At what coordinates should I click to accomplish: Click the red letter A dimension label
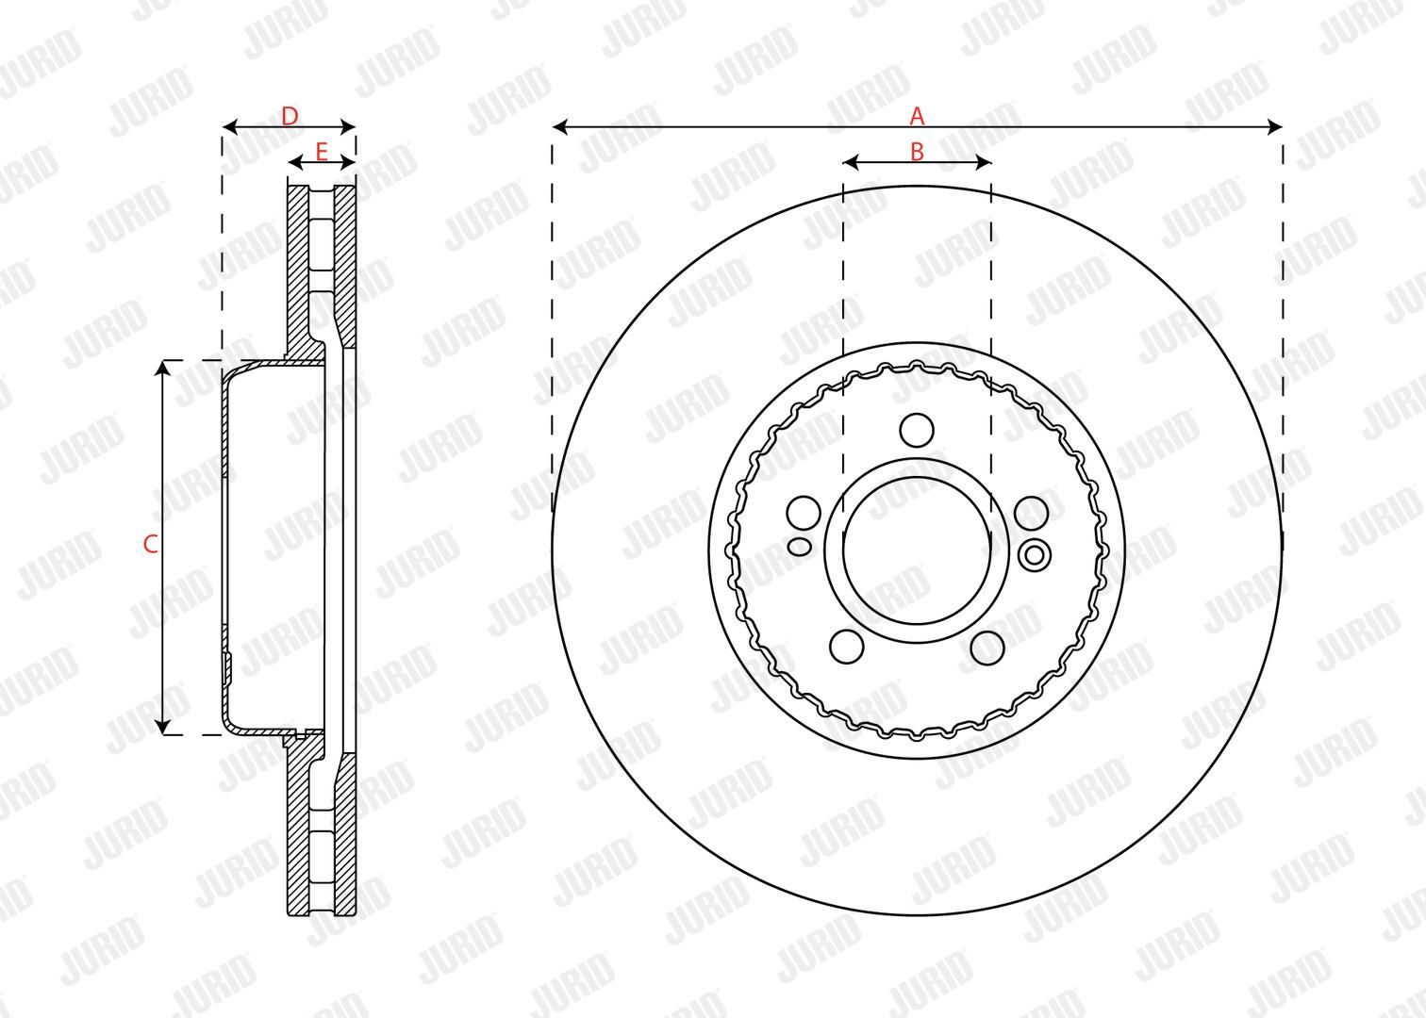coord(917,116)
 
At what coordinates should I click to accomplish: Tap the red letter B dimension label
coord(917,152)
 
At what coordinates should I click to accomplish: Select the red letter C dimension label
coord(150,545)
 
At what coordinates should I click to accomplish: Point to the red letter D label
coord(290,117)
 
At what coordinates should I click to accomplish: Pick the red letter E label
coord(322,152)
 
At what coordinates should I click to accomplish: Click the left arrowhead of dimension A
coord(559,127)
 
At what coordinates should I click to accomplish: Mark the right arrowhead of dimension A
coord(1275,127)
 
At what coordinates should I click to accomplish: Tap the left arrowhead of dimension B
coord(851,163)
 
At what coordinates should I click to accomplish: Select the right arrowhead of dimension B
coord(984,163)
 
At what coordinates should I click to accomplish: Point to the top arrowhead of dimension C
coord(163,368)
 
